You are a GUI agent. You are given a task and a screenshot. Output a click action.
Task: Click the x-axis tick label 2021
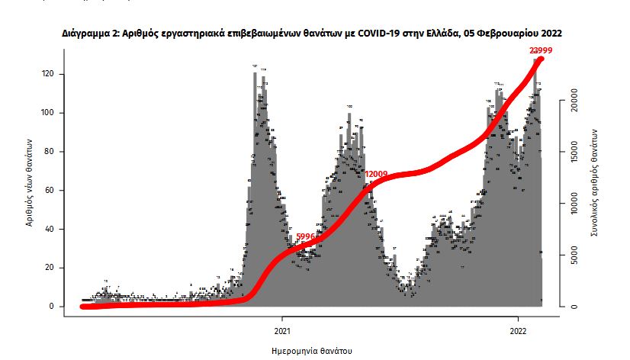pyautogui.click(x=281, y=330)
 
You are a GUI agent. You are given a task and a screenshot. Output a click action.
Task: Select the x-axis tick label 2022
pyautogui.click(x=518, y=330)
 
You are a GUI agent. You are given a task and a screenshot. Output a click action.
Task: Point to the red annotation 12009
pyautogui.click(x=376, y=174)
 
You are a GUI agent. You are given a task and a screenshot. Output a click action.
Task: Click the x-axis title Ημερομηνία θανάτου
pyautogui.click(x=312, y=352)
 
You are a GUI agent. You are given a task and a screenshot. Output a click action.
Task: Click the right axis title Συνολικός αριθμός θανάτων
pyautogui.click(x=595, y=183)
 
